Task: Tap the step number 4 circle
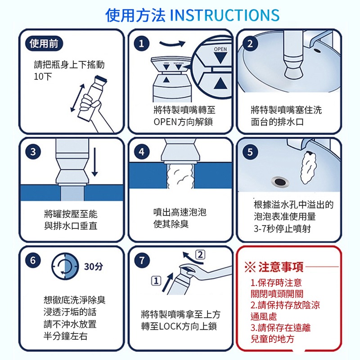(x=141, y=152)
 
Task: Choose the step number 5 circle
(x=250, y=152)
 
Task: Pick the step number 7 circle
(x=141, y=260)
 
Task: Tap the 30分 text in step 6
(x=93, y=266)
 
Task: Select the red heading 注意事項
(x=281, y=268)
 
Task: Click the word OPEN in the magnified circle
(x=220, y=49)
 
